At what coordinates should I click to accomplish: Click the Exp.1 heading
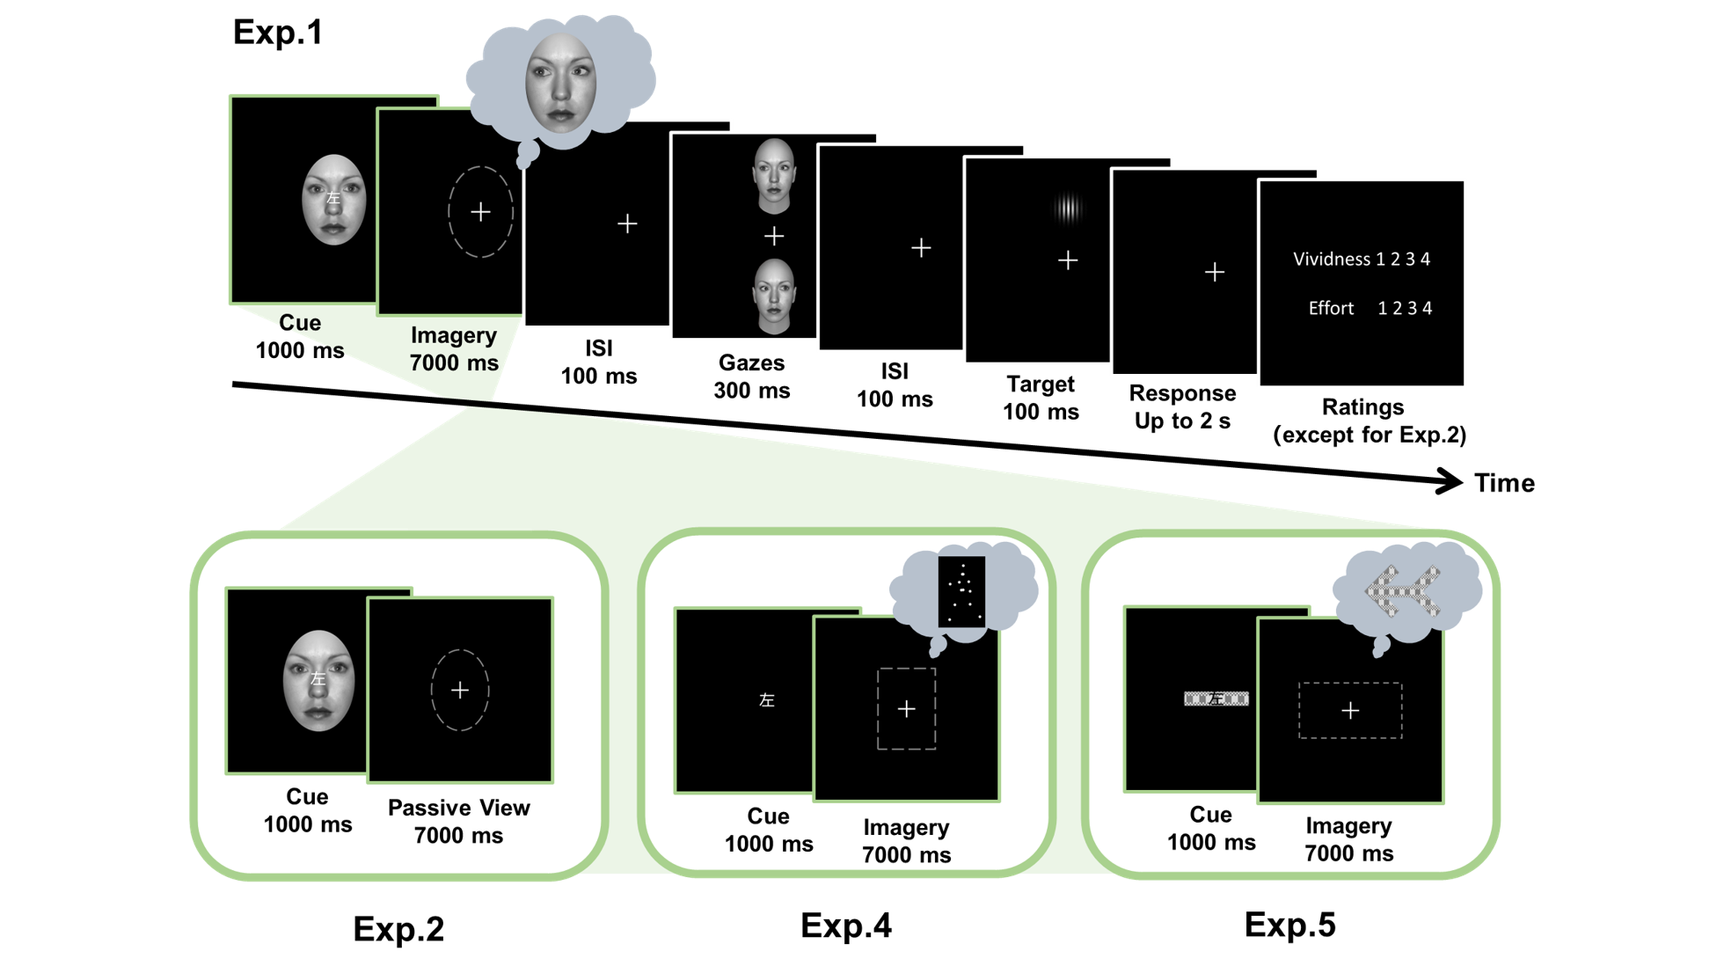click(278, 33)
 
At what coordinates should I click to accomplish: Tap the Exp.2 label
click(398, 929)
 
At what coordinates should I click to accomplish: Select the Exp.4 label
click(846, 926)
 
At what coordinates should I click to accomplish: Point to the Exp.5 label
click(1289, 925)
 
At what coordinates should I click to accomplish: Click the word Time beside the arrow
click(1504, 483)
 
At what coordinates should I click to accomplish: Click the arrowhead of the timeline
click(1449, 481)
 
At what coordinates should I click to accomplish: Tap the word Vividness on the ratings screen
click(1331, 260)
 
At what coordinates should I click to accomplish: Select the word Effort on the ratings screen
click(1331, 308)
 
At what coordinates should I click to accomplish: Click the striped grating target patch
click(1068, 209)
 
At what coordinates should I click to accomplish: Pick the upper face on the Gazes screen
click(774, 176)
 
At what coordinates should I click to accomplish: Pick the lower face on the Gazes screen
click(774, 296)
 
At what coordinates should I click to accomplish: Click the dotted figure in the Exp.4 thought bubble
click(961, 591)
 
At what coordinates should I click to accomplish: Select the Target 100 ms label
click(1041, 398)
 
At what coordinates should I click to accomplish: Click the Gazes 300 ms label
click(752, 377)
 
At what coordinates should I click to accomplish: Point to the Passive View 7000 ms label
click(458, 822)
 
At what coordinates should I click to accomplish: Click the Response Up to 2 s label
click(1182, 406)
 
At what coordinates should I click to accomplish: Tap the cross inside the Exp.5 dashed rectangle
click(1350, 711)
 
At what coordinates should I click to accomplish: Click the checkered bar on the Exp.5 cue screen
click(1216, 699)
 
